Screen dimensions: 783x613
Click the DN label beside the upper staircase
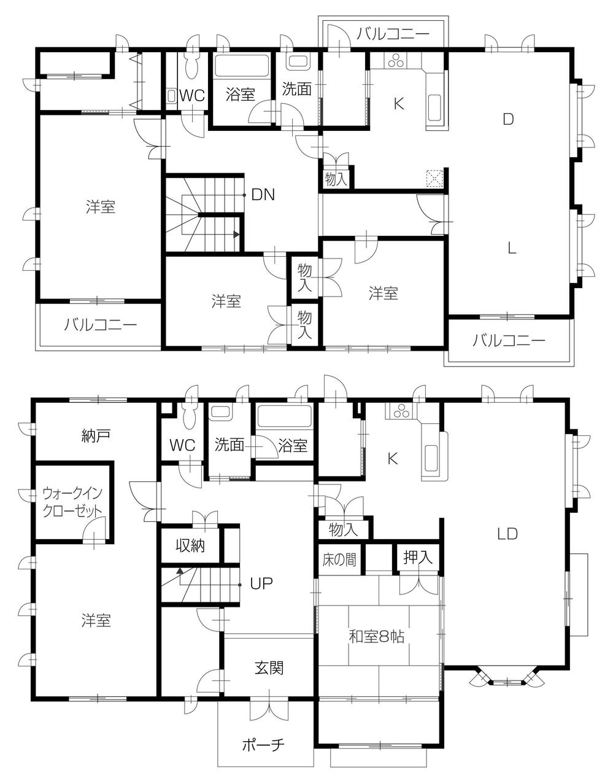pos(263,195)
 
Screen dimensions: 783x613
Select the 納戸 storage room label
pos(95,436)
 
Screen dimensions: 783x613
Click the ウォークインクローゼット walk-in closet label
pos(72,502)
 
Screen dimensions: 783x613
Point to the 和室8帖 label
pos(376,637)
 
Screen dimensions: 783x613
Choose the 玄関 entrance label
pos(269,667)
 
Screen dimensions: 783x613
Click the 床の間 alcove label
pos(339,560)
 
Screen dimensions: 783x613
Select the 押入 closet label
pos(418,558)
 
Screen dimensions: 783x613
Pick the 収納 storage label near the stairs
pos(190,545)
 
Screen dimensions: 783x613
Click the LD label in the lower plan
pos(507,534)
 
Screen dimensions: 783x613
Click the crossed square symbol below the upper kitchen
pos(434,178)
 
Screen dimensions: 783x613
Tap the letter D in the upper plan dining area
pos(507,119)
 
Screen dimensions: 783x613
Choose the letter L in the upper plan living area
pos(511,248)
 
